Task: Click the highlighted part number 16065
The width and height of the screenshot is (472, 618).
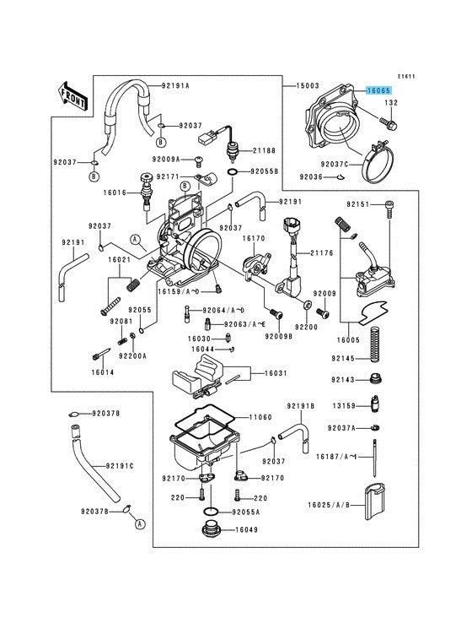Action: click(x=378, y=90)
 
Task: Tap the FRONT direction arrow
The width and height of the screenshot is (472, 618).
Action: click(x=73, y=96)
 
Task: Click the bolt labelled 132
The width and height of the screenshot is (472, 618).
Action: click(x=389, y=123)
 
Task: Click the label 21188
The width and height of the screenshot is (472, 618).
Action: click(x=265, y=150)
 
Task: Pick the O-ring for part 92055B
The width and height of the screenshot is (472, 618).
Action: click(x=233, y=172)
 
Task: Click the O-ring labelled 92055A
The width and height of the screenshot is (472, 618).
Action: click(x=211, y=512)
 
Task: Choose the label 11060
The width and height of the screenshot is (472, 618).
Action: click(x=260, y=417)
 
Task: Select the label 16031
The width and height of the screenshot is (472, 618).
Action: click(x=276, y=373)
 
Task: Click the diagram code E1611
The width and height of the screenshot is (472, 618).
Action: click(x=406, y=77)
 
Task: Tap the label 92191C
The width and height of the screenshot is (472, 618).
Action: click(x=120, y=466)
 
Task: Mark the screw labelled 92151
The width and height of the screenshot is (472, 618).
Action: click(x=389, y=209)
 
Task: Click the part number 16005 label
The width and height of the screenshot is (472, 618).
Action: click(x=348, y=339)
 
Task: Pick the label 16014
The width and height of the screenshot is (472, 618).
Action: click(x=103, y=372)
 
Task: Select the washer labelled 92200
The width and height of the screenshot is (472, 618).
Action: click(x=307, y=304)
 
